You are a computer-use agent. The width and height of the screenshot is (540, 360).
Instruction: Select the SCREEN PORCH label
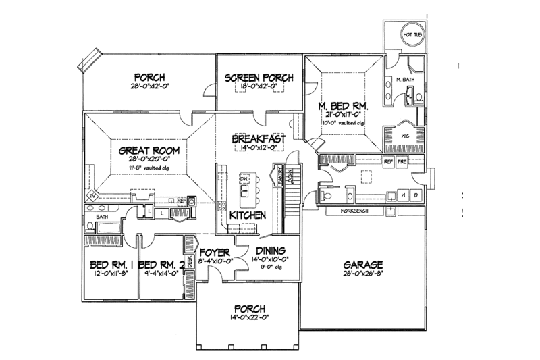pyautogui.click(x=259, y=78)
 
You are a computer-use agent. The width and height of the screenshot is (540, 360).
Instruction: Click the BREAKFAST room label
pyautogui.click(x=259, y=139)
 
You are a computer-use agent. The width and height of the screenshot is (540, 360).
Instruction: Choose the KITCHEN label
pyautogui.click(x=246, y=215)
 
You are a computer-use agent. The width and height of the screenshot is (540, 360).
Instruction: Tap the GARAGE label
pyautogui.click(x=362, y=264)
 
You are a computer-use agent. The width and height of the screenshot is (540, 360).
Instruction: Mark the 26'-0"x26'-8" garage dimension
pyautogui.click(x=362, y=275)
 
